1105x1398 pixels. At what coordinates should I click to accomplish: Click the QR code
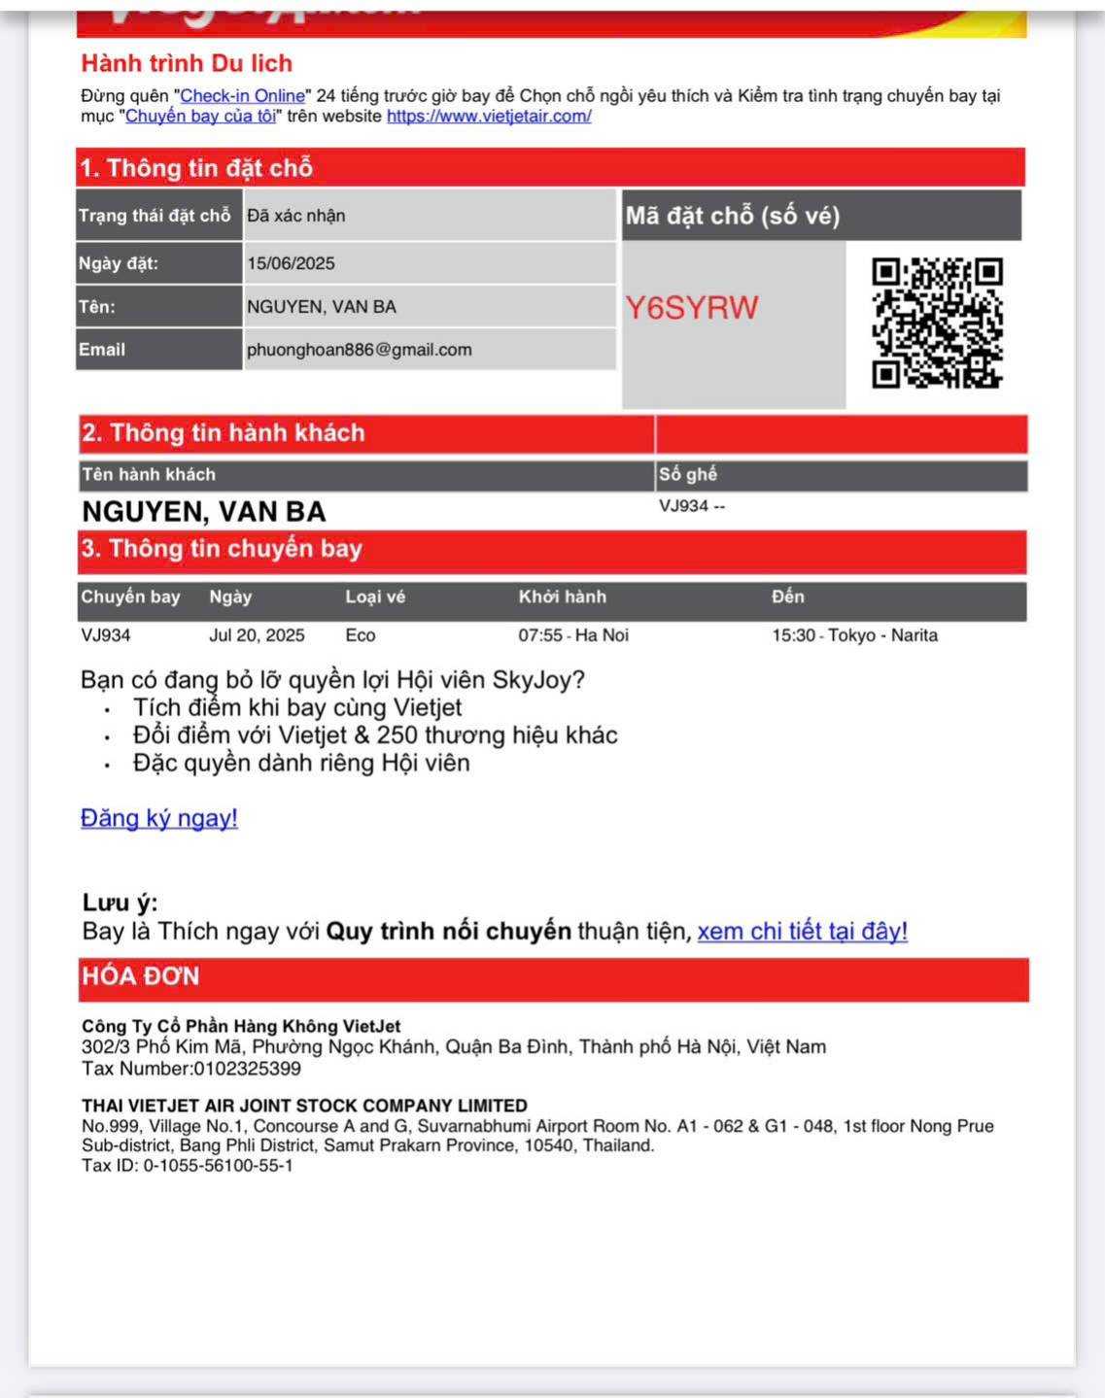coord(937,323)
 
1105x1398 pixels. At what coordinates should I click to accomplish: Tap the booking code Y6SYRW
coord(691,308)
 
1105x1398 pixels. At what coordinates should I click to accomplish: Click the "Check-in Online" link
coord(243,96)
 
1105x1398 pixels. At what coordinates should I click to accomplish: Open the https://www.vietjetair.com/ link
coord(489,117)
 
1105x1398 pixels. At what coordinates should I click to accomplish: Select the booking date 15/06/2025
coord(291,263)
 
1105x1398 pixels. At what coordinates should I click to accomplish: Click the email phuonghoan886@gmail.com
coord(359,350)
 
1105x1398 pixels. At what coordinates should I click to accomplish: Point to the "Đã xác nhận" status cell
coord(296,216)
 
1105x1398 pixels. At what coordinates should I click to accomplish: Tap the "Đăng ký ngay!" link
coord(159,818)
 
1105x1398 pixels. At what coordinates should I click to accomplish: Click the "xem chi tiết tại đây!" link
coord(802,932)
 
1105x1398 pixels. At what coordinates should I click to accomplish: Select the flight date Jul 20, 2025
coord(257,635)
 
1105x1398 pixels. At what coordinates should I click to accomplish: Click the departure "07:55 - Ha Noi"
coord(573,635)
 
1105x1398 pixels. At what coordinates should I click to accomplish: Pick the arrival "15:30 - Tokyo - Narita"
coord(854,635)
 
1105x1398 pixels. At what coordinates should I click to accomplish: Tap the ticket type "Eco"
coord(361,635)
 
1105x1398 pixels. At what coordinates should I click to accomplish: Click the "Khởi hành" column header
coord(562,597)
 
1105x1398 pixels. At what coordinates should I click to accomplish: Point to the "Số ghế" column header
coord(688,474)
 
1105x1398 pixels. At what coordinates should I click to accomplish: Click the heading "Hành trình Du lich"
coord(187,64)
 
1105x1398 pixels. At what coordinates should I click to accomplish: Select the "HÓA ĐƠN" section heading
coord(140,976)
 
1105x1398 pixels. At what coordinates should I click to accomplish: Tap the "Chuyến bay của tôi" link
coord(200,117)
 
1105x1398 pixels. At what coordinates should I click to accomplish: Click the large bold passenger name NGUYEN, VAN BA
coord(204,512)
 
